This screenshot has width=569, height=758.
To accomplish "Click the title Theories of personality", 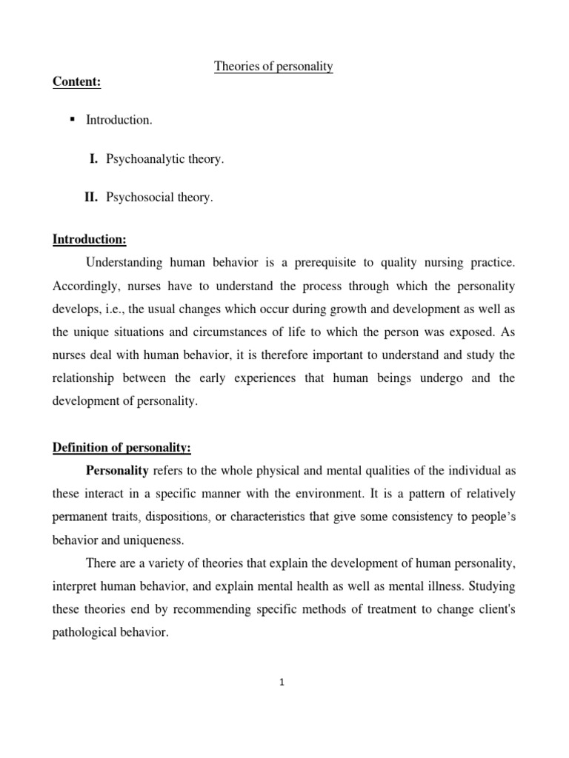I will pos(273,67).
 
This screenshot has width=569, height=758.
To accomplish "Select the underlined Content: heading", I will pos(76,82).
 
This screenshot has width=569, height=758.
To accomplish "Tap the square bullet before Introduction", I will pos(73,120).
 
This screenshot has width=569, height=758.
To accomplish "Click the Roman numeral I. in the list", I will pos(94,158).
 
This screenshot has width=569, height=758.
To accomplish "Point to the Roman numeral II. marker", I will pos(91,197).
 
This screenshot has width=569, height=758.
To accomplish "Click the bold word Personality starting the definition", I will pos(118,469).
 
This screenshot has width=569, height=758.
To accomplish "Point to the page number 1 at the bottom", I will pos(282,682).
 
